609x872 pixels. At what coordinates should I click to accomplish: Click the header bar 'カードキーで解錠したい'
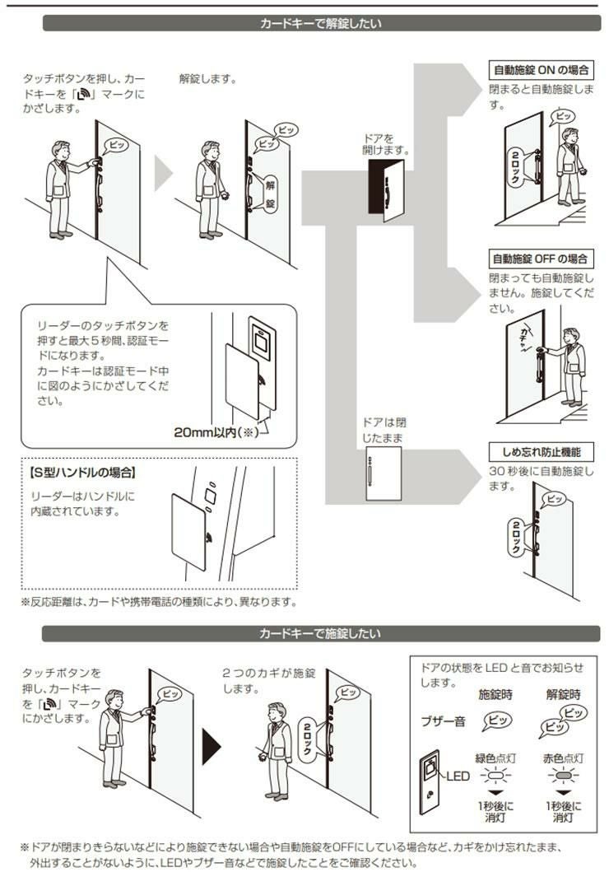coord(321,23)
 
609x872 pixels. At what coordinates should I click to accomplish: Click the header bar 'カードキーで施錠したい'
coord(321,633)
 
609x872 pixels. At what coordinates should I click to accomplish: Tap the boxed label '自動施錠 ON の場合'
coord(541,70)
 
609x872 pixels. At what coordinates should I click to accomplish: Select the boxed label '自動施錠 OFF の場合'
coord(541,259)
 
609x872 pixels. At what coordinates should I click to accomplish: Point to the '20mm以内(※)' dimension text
coord(216,432)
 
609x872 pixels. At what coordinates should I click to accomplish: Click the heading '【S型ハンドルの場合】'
coord(82,473)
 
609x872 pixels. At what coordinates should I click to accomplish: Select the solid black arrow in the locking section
coord(211,746)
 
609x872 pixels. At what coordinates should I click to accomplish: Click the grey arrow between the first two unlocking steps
coord(164,173)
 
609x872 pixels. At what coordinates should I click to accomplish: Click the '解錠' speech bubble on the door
coord(269,193)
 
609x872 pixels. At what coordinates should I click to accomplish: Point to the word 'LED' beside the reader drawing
coord(458,776)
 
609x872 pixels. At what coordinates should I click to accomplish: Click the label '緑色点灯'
coord(495,758)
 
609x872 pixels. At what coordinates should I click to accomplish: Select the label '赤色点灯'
coord(563,758)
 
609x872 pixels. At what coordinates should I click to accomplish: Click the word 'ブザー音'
coord(443,722)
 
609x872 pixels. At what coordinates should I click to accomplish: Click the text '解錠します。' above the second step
coord(208,78)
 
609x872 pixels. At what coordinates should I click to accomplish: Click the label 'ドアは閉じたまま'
coord(384,430)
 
